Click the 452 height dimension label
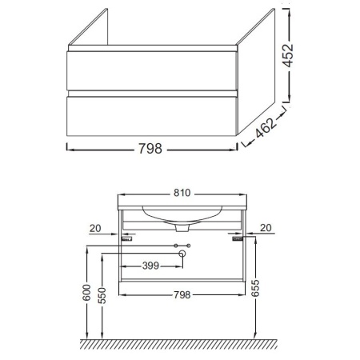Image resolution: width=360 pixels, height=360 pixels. tap(288, 55)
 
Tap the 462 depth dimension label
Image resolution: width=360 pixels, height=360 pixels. tap(265, 128)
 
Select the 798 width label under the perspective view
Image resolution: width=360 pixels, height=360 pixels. tap(150, 149)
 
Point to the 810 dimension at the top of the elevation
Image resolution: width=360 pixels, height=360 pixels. tap(182, 193)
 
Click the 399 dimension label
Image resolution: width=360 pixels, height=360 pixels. tap(150, 266)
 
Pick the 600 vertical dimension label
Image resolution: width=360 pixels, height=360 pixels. tap(86, 293)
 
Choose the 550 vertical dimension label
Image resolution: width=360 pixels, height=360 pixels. tap(102, 296)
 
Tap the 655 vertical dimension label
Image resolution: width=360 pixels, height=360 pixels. tap(255, 288)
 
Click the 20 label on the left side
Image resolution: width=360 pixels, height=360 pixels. tap(95, 229)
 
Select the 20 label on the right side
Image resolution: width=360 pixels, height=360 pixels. tap(266, 228)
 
